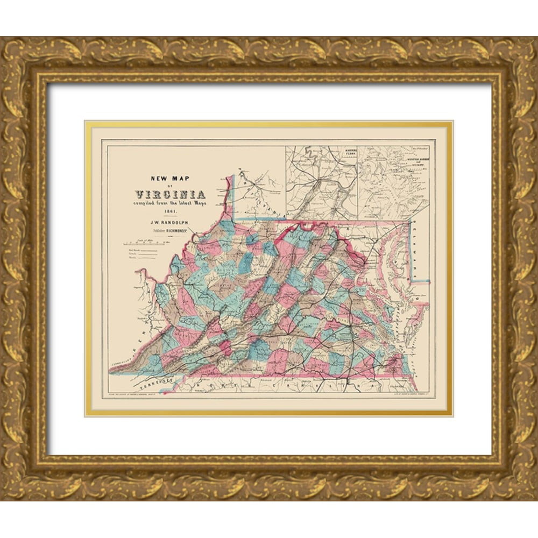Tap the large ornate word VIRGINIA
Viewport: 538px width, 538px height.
tap(169, 194)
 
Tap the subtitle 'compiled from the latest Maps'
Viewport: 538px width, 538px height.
tap(170, 204)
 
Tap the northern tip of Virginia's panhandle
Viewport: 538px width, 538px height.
tap(231, 176)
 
